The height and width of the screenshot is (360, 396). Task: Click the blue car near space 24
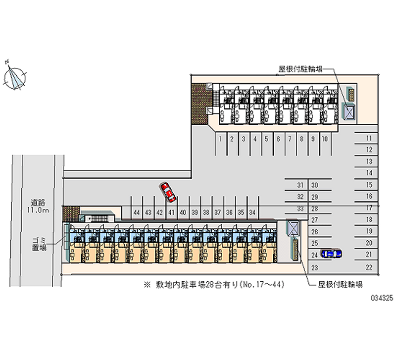[x=331, y=254]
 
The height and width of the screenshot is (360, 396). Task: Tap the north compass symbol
[x=15, y=78]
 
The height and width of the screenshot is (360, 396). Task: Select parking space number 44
[x=136, y=212]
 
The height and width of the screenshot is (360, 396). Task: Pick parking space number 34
[x=252, y=212]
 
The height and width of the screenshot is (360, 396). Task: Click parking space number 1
[x=219, y=139]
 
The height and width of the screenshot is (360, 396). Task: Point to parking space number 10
[x=324, y=139]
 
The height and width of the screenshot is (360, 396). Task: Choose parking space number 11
[x=369, y=138]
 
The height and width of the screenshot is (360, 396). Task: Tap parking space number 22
[x=369, y=267]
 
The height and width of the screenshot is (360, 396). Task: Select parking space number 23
[x=314, y=267]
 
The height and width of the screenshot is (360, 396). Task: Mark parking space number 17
[x=369, y=208]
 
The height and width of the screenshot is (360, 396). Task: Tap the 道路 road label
[x=38, y=202]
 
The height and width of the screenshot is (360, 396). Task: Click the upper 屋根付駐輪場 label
[x=300, y=70]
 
